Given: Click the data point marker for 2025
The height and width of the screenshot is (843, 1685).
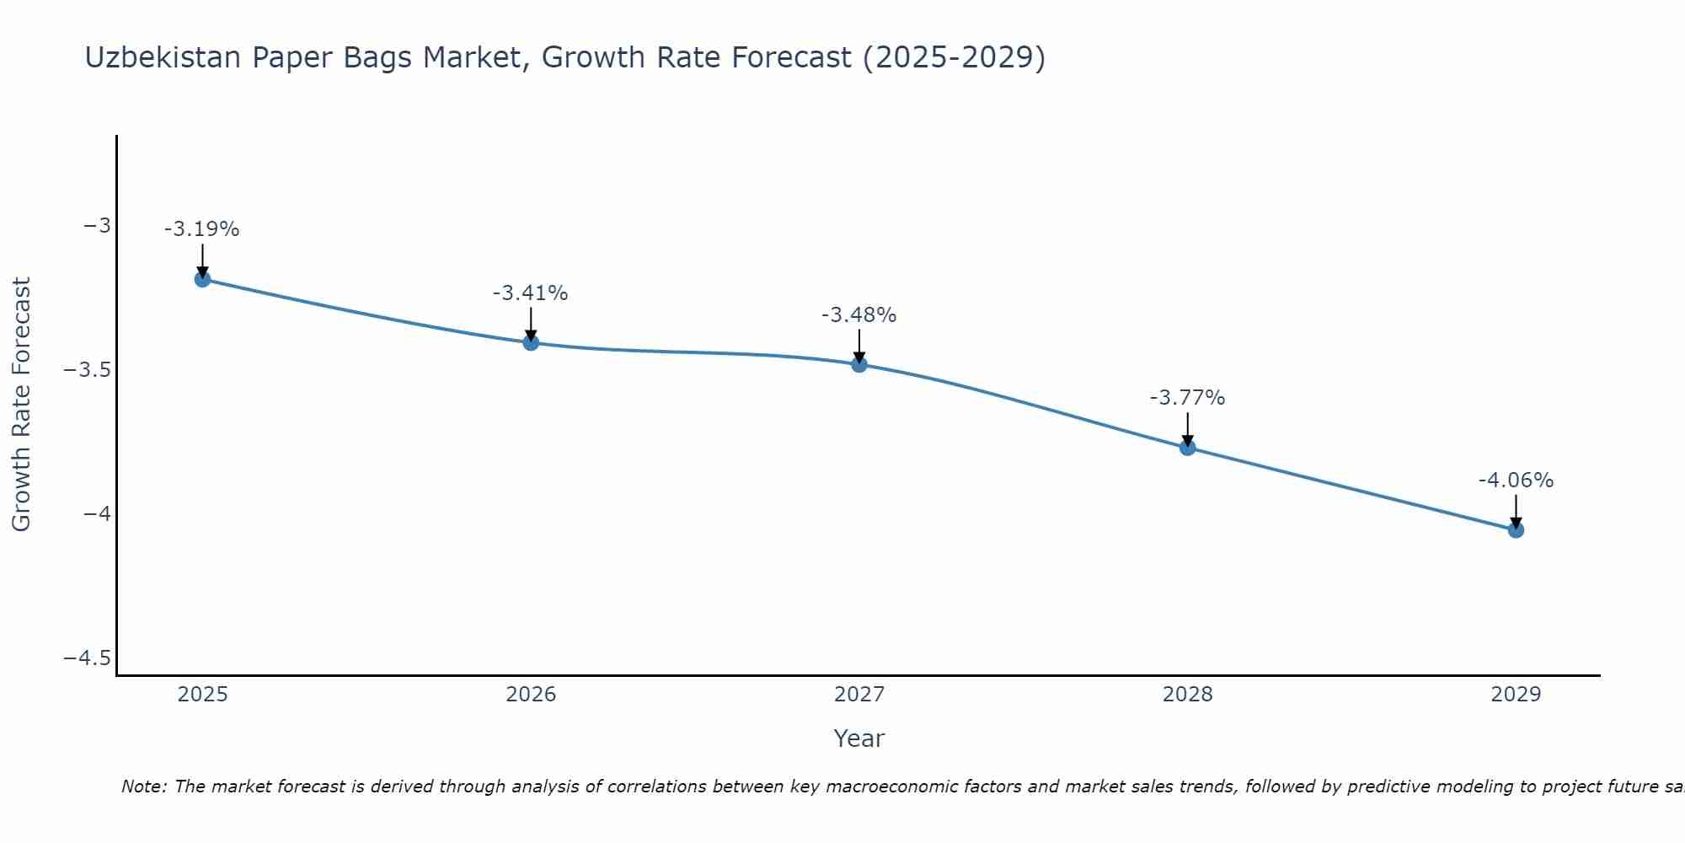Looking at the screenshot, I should [x=202, y=279].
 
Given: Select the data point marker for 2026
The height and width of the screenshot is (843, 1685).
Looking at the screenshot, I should [x=531, y=342].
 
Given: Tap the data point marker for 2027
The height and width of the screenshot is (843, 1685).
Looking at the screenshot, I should [x=859, y=364].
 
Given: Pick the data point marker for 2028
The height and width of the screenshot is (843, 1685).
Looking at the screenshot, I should [x=1187, y=448].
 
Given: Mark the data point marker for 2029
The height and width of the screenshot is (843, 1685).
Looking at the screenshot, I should [x=1516, y=530].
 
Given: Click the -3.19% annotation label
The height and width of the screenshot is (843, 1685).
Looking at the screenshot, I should [x=202, y=229].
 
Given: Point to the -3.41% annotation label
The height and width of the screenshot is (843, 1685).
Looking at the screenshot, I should [x=531, y=293].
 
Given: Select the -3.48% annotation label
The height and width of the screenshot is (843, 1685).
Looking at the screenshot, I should [x=859, y=315].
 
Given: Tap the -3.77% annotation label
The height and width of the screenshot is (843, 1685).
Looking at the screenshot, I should [x=1187, y=398].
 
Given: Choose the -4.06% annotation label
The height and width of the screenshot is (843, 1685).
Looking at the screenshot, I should [x=1516, y=481].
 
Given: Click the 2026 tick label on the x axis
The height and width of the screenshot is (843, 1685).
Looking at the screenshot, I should [x=531, y=695].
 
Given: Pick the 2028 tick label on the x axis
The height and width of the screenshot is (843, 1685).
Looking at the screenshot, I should [x=1187, y=695].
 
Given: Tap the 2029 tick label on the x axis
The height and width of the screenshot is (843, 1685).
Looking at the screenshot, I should [x=1516, y=695].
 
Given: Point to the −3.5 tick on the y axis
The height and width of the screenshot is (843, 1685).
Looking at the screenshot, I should [x=88, y=370].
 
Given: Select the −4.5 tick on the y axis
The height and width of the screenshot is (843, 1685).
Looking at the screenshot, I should [x=88, y=658].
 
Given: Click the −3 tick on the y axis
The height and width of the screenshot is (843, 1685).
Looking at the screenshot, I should [x=97, y=226].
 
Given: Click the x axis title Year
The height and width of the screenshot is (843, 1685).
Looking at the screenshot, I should [x=859, y=738].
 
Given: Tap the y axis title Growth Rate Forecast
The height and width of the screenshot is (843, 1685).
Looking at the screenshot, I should [x=21, y=405].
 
